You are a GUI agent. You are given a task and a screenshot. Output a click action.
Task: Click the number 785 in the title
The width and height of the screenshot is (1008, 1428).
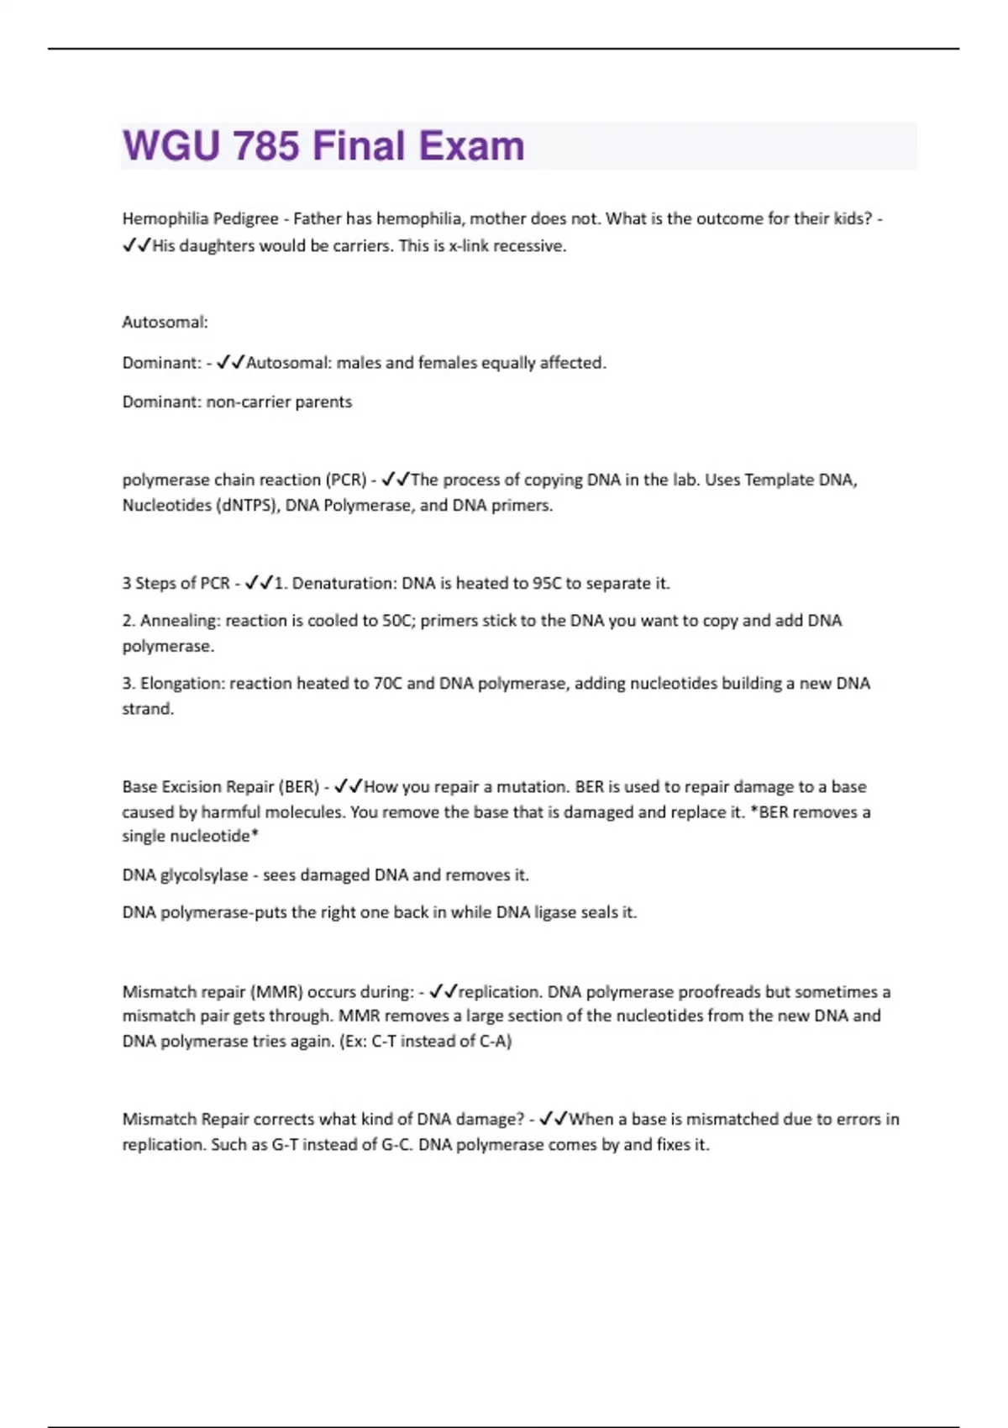[266, 146]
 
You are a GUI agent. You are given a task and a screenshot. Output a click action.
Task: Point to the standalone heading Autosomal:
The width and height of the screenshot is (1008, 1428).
[165, 322]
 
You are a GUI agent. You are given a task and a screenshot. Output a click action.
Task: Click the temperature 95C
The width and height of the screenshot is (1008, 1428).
[547, 583]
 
